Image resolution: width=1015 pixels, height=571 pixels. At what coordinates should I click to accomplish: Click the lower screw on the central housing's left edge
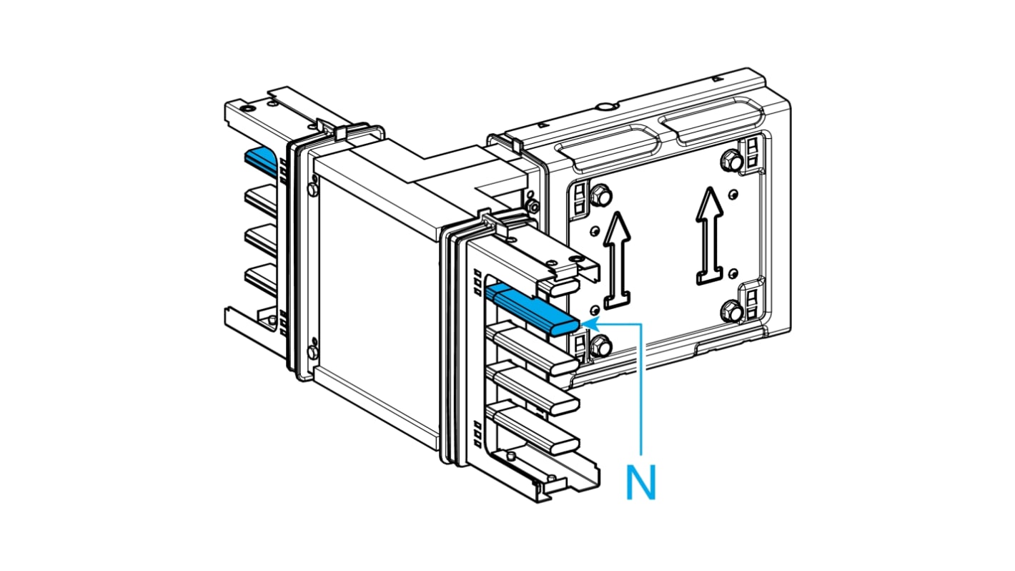[x=312, y=351]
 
